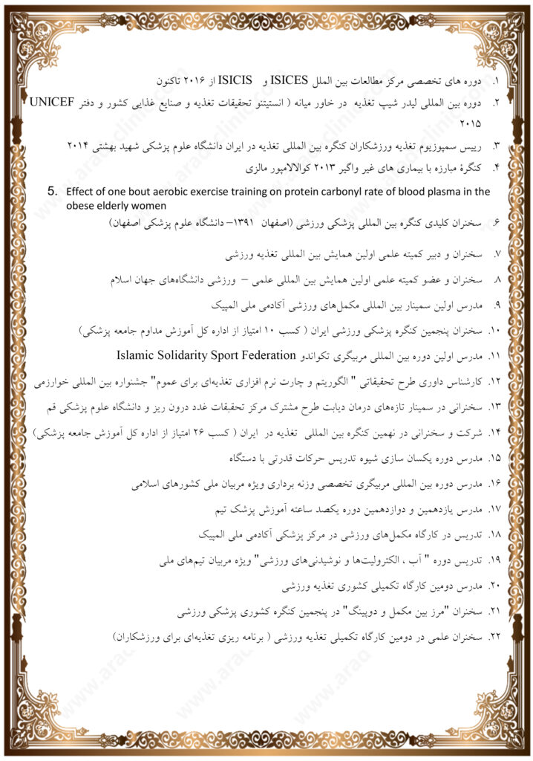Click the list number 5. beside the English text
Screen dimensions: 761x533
(53, 191)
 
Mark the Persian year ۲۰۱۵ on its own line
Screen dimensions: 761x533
(471, 122)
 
